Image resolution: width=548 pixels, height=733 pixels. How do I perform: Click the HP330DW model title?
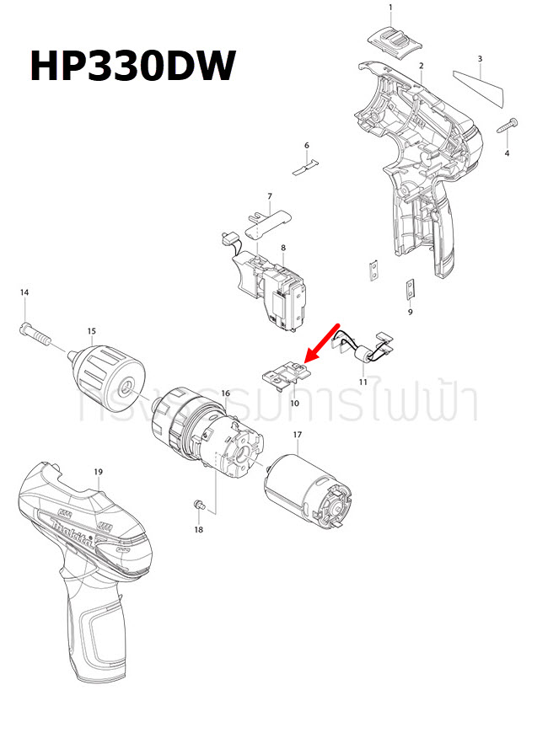(x=132, y=65)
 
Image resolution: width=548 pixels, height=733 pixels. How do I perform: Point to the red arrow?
(x=321, y=342)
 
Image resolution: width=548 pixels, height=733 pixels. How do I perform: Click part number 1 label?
(x=390, y=8)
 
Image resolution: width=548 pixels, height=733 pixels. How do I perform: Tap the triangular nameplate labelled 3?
(x=478, y=88)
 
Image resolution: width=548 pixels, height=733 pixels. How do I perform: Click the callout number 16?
(x=225, y=393)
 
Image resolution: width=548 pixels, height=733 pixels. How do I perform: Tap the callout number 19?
(x=98, y=472)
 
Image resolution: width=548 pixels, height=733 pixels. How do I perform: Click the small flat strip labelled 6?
(x=307, y=169)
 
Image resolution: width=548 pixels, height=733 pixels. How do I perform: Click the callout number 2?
(x=420, y=66)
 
